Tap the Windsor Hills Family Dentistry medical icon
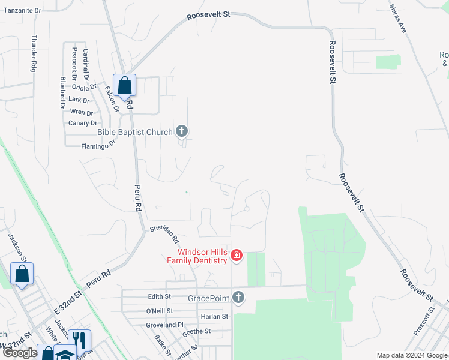(x=237, y=256)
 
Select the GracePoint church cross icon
(x=238, y=298)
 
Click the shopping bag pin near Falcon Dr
(x=124, y=86)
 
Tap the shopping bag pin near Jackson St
(x=22, y=274)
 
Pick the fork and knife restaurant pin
(x=79, y=340)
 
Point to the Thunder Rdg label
(x=34, y=53)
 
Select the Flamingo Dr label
(x=98, y=145)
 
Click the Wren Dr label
(x=81, y=112)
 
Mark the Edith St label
(x=160, y=296)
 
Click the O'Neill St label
(x=159, y=311)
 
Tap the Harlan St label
(x=214, y=316)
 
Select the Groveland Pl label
(x=164, y=325)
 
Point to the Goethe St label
(x=196, y=331)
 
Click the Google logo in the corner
(x=20, y=353)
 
